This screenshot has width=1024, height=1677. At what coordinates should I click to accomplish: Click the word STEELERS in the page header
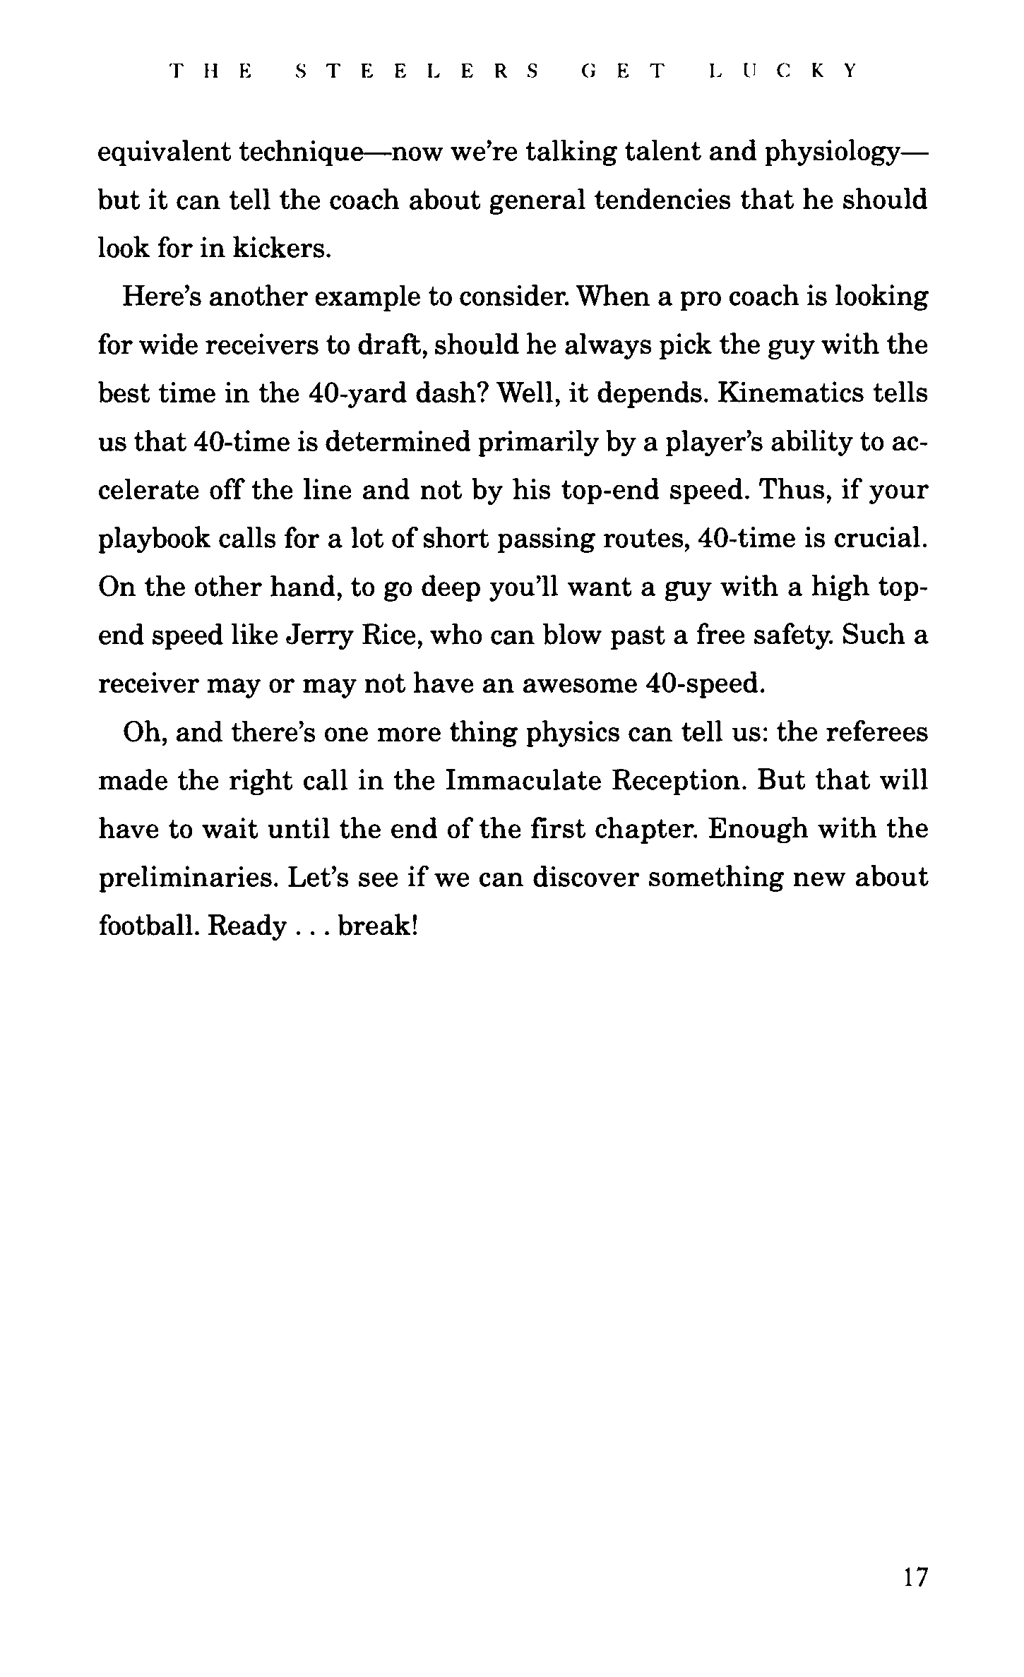click(416, 71)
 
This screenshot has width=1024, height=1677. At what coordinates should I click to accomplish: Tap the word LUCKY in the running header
click(782, 71)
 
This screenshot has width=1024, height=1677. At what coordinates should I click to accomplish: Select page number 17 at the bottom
click(915, 1576)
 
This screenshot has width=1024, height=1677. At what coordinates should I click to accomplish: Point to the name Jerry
click(318, 636)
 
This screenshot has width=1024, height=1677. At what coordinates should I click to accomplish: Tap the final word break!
click(379, 926)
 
